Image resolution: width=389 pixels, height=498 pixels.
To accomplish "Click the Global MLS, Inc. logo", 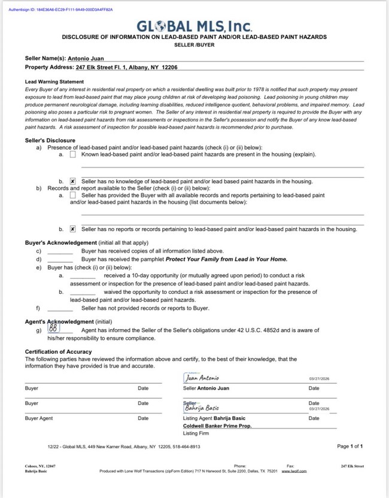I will pos(194,26).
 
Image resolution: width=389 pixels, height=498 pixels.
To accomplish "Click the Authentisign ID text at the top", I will pos(61,10).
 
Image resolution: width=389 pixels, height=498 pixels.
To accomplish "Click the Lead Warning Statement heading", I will pos(54,81).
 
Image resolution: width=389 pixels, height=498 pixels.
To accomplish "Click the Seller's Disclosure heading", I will pos(50,140).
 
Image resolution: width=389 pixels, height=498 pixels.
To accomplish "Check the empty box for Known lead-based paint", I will pos(72,154).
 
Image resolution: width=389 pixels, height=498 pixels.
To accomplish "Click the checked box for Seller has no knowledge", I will pos(72,181).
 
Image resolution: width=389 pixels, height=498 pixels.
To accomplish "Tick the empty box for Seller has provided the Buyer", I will pos(72,195).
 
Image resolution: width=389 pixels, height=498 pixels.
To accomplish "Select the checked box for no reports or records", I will pos(72,229).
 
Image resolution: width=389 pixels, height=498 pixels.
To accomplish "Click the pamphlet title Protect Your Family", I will pos(226,259).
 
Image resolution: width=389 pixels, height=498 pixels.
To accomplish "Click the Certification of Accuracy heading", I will pos(58,351).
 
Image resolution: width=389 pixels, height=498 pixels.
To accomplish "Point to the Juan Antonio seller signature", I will pos(202,378).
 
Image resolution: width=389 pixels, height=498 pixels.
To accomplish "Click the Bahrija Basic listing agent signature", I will pos(202,408).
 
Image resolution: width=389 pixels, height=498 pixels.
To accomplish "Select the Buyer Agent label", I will pos(39,418).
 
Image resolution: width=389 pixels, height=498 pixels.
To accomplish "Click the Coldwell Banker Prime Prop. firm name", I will pos(217,426).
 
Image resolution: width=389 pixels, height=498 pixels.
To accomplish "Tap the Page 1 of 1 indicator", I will pos(350,446).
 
